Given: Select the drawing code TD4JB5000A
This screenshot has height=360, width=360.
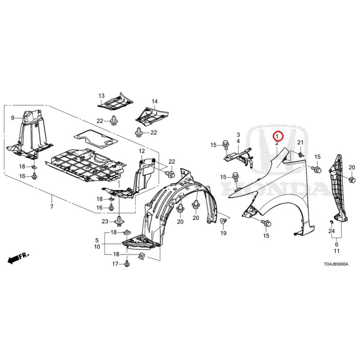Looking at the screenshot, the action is (336, 264).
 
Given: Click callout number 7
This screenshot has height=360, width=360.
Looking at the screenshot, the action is (52, 207).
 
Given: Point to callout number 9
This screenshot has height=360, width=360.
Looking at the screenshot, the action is (13, 118).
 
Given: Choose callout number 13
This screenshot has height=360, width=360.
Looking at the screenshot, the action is (102, 96).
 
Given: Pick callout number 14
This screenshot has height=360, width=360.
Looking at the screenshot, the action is (155, 101).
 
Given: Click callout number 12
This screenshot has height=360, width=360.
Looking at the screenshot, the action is (142, 151).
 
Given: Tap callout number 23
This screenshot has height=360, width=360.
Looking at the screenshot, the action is (105, 221).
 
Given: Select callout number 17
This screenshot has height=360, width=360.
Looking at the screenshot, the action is (115, 264).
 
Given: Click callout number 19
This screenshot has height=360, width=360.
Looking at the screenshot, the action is (223, 233).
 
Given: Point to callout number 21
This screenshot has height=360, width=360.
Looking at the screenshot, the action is (300, 143).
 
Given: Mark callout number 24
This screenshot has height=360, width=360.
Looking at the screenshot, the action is (331, 231).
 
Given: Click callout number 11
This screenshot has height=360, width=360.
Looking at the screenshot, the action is (337, 251).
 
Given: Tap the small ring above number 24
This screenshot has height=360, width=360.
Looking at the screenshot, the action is (331, 222).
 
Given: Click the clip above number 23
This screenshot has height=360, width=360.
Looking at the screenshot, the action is (119, 221).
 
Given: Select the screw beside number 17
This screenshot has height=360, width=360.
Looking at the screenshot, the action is (126, 264).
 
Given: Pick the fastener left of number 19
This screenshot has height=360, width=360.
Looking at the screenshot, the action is (223, 221).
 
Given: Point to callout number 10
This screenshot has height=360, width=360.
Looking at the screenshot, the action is (97, 247).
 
